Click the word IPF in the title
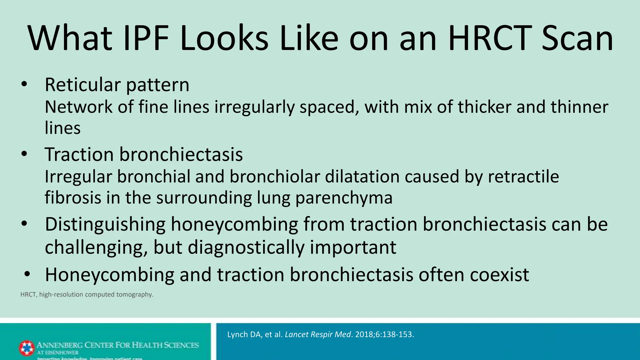(146, 38)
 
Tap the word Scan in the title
(577, 38)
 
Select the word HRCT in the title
(490, 38)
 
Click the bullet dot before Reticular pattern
(24, 84)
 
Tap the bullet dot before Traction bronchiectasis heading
(24, 154)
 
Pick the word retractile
(523, 177)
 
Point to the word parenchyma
(344, 198)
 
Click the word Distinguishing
(105, 225)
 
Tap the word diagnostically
(246, 247)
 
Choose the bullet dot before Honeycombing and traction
(27, 274)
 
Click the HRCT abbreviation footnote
(87, 294)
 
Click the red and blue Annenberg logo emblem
(27, 348)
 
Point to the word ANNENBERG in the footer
(60, 345)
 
